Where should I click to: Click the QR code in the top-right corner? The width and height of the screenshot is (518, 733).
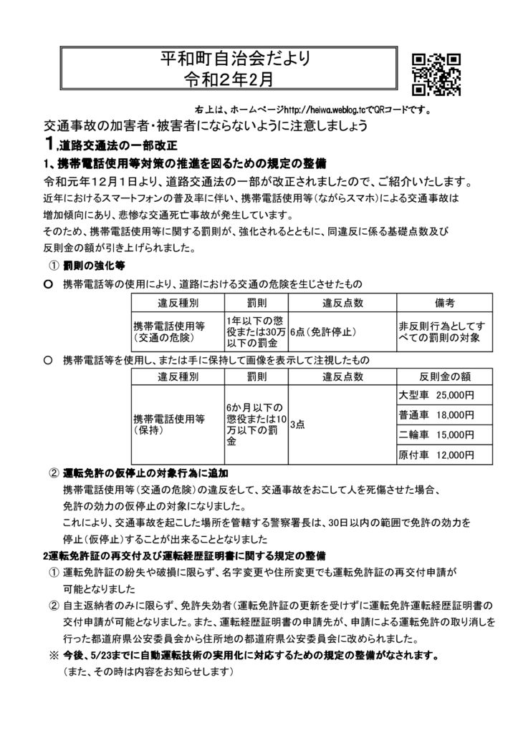(x=436, y=74)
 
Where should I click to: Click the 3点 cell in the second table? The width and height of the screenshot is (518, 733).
(x=297, y=424)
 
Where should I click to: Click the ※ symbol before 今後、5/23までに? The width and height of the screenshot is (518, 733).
(x=54, y=655)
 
